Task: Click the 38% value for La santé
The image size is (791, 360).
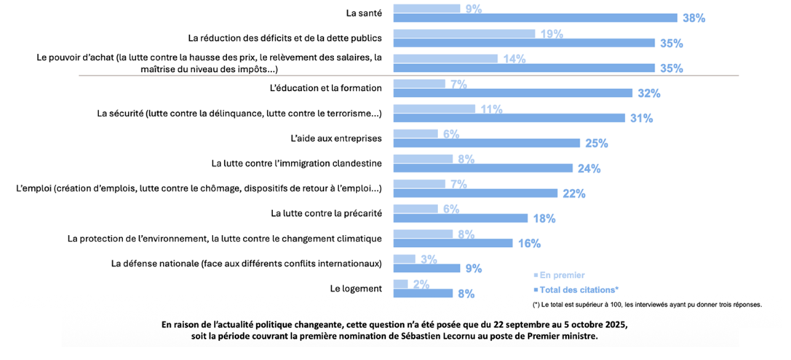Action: pos(693,18)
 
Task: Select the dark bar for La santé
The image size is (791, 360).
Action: pos(535,18)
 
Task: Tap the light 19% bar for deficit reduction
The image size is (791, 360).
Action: pos(464,33)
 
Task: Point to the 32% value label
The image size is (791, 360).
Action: pos(648,93)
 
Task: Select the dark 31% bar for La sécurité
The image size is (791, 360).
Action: pos(509,118)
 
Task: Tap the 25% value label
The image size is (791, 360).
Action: pos(595,143)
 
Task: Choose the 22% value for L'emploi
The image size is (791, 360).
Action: pos(573,193)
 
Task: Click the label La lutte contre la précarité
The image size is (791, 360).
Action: pos(327,213)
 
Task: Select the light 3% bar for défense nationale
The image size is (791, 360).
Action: pos(404,259)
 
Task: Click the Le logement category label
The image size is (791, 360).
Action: pos(356,289)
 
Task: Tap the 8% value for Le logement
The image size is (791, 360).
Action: pos(465,294)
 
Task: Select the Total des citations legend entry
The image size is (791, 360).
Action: pos(576,289)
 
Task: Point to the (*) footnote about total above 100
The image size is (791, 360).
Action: pos(647,305)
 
